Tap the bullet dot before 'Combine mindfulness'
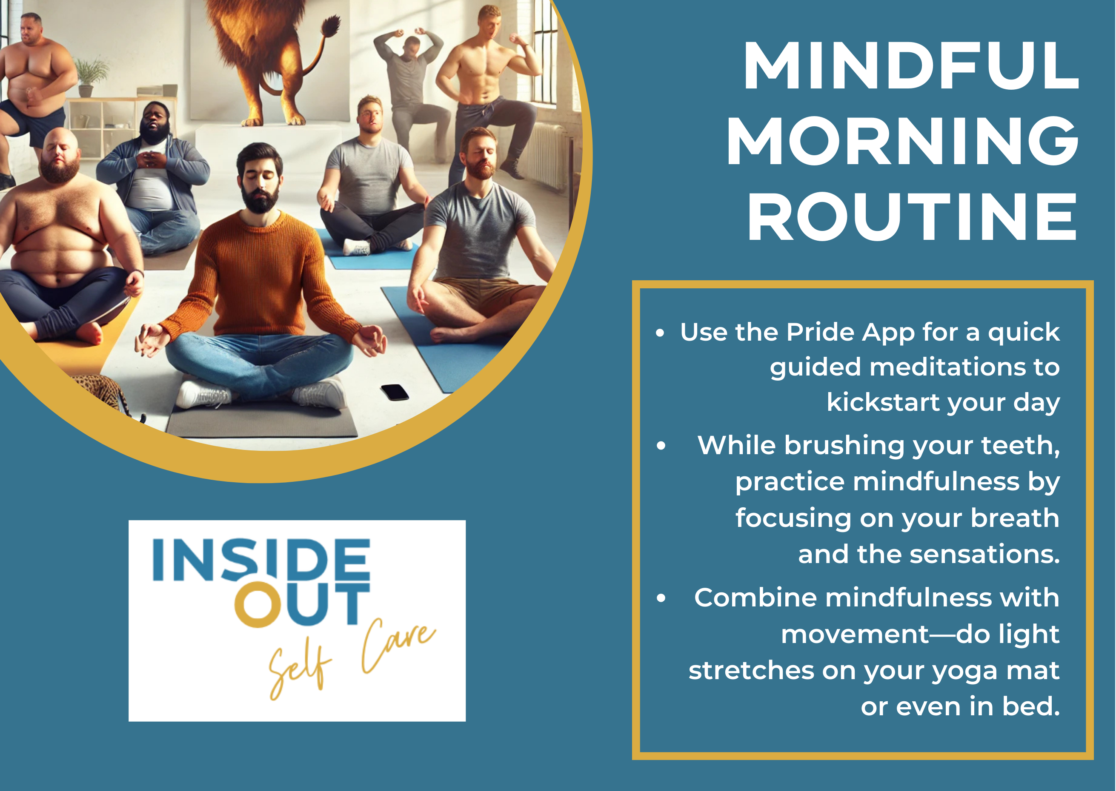pyautogui.click(x=661, y=598)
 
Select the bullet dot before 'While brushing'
pyautogui.click(x=661, y=445)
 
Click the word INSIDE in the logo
pyautogui.click(x=261, y=560)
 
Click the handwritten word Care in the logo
pyautogui.click(x=397, y=646)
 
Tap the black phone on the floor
pyautogui.click(x=394, y=392)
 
